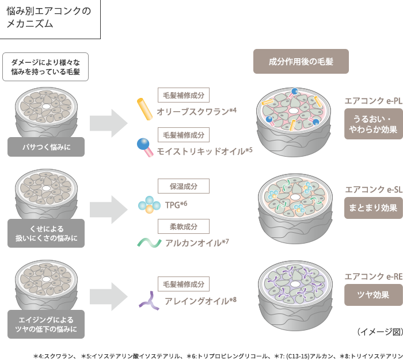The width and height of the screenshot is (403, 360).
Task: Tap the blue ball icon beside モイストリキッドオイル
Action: pos(144,147)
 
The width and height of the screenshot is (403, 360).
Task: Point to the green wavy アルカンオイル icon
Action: pos(149,242)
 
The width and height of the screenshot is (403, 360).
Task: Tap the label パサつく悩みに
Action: pos(45,147)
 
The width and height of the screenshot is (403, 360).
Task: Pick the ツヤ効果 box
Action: pos(372,294)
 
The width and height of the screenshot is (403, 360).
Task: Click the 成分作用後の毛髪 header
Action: pos(301,61)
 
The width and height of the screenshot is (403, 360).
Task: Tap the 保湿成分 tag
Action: pos(184,186)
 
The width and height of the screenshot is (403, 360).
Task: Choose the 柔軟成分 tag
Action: pos(184,226)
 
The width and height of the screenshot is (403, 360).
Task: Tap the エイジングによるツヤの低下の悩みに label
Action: pos(45,324)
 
